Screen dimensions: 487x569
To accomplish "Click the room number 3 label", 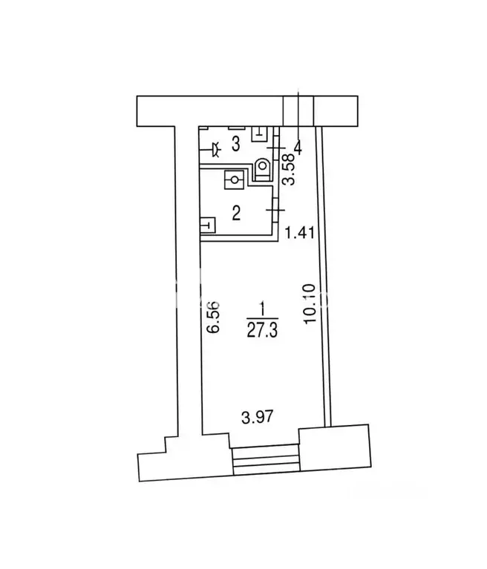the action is (x=235, y=145).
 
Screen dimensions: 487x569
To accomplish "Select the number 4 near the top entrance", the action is (x=298, y=148).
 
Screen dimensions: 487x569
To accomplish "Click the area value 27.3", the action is (x=262, y=330).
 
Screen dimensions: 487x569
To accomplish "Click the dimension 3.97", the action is (x=257, y=417).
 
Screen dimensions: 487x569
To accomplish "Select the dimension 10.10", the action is (x=310, y=303).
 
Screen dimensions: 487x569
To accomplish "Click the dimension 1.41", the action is (x=299, y=233).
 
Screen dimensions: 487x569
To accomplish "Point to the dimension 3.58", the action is (x=289, y=170).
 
